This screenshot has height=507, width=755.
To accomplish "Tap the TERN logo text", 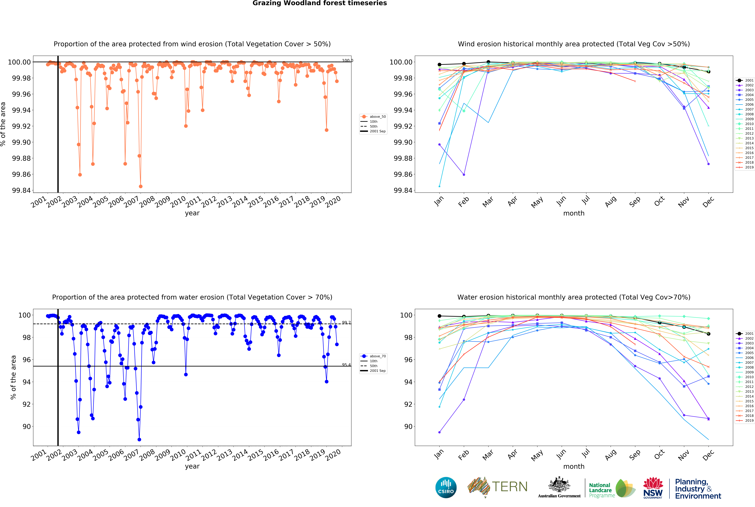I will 510,487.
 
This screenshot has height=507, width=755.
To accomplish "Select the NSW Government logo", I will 653,488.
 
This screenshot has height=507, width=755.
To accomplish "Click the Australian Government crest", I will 559,485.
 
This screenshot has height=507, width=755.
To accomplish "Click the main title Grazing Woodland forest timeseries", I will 320,3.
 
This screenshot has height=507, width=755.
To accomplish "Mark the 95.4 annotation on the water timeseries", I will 346,365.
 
